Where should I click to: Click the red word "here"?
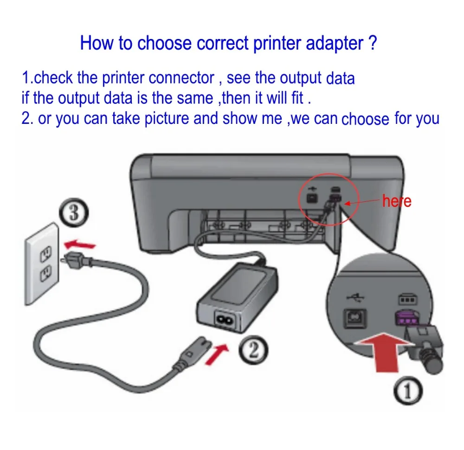point(396,201)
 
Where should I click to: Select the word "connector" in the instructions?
point(181,78)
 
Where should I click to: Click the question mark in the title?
point(372,43)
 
